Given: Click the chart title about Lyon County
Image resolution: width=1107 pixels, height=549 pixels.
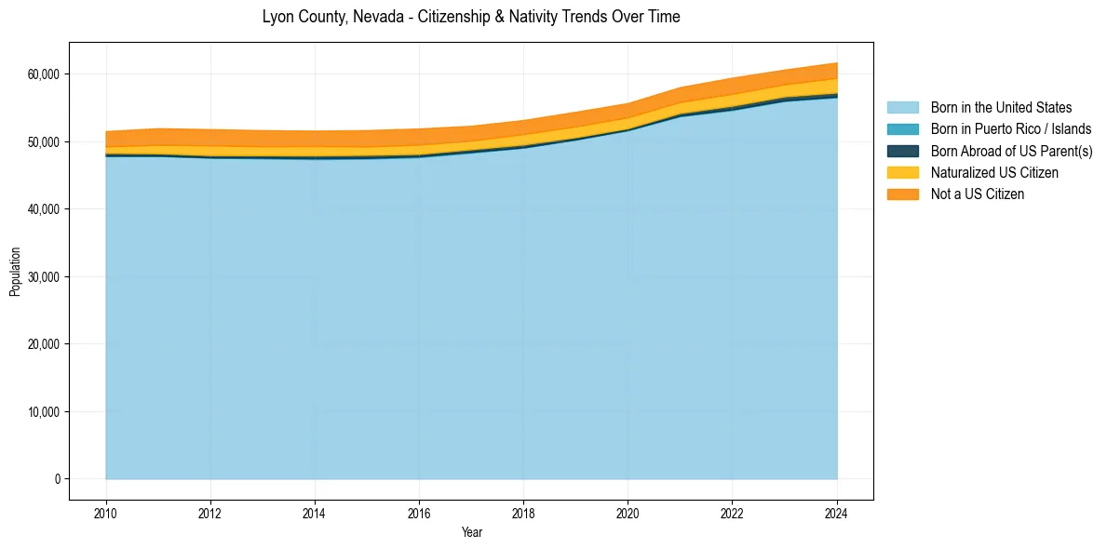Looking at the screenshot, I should coord(471,17).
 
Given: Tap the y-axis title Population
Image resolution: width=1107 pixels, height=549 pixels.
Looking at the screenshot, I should coord(15,272).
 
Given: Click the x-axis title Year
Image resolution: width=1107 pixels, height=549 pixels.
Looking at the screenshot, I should coord(472,532).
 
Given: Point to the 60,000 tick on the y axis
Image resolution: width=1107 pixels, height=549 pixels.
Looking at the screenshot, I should coord(44,74).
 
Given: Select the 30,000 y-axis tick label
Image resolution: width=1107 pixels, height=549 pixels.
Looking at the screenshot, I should coord(44,277).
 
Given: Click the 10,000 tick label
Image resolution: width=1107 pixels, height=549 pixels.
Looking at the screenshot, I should coord(44,412).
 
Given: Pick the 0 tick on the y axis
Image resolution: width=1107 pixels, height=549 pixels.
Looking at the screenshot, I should coord(58,479).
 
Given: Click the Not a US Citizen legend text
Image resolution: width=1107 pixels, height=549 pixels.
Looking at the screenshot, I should coord(977,194).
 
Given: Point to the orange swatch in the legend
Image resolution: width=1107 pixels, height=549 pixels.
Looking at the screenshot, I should coord(902,194).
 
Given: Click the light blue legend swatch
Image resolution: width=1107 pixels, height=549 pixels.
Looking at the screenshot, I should coord(902,108).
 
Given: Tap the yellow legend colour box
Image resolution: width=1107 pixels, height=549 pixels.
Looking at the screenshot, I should coord(902,172).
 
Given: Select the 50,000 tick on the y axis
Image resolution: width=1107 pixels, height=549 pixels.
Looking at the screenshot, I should coord(44,142).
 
